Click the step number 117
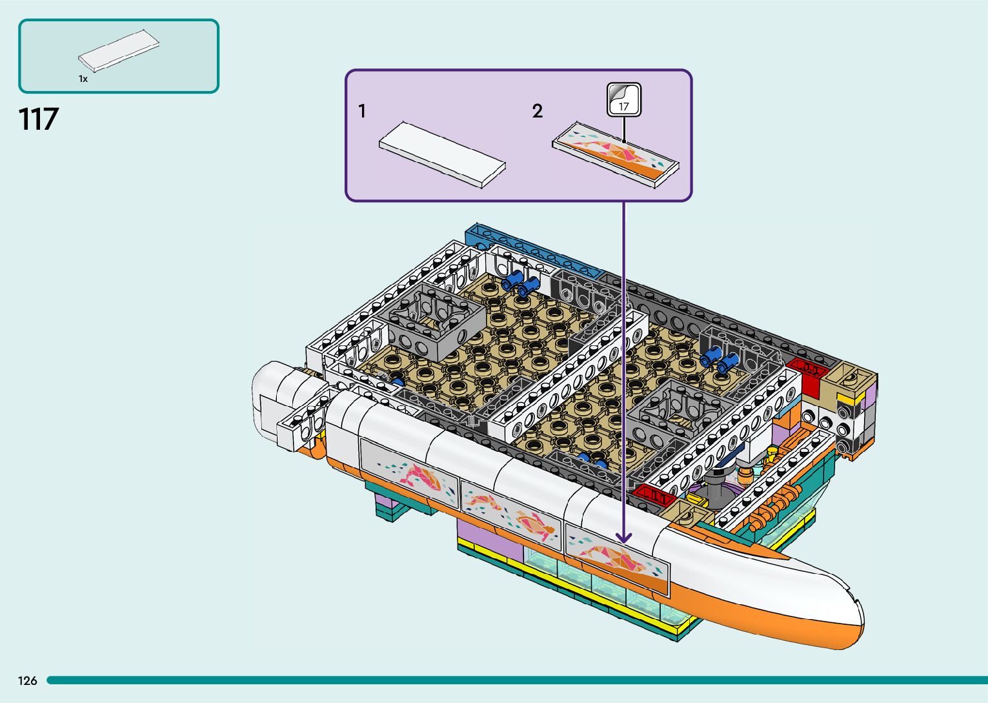click(39, 119)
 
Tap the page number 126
click(28, 680)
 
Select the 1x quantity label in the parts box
click(83, 79)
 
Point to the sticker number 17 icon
click(624, 100)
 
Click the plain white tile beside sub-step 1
click(442, 154)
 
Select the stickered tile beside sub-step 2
click(616, 154)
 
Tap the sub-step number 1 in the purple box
click(362, 112)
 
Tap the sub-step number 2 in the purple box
click(538, 112)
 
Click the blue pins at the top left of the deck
click(520, 281)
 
